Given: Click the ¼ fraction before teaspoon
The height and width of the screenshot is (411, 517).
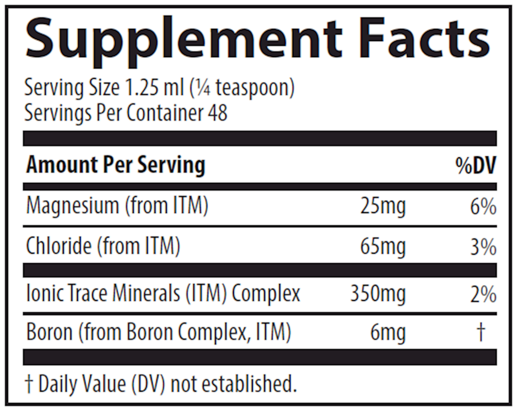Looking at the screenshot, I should point(203,88).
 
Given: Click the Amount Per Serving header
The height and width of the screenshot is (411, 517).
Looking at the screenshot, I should point(115,165).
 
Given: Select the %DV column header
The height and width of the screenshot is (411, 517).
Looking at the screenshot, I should point(476,166).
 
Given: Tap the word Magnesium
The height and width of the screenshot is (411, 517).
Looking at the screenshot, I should point(73,206).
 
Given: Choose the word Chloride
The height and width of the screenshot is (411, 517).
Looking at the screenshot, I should point(59,246).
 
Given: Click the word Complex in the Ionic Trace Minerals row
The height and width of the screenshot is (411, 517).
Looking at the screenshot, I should point(266,294).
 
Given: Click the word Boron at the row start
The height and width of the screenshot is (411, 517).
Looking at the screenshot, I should point(49,332).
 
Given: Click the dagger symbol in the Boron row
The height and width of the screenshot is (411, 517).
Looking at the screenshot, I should point(481,332).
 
